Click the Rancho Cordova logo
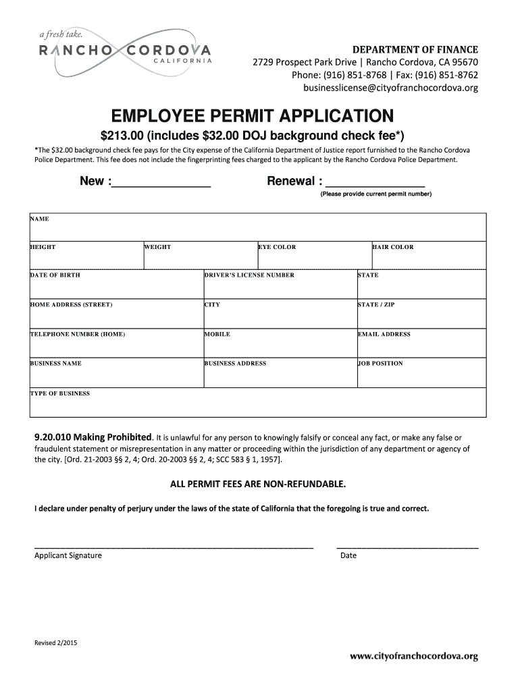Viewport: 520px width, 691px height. [125, 50]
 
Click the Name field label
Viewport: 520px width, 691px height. [39, 219]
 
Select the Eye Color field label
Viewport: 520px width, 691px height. [277, 247]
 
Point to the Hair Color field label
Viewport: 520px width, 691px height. [392, 247]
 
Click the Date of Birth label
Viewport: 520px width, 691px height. [55, 275]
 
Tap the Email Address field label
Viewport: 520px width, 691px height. [384, 334]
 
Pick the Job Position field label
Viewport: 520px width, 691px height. [380, 363]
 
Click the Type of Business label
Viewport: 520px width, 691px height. [59, 393]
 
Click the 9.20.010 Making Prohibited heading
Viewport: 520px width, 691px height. [93, 437]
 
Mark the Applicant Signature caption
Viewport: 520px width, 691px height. [68, 555]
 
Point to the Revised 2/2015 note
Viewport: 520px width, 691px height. [56, 643]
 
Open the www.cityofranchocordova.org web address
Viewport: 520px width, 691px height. [413, 656]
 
